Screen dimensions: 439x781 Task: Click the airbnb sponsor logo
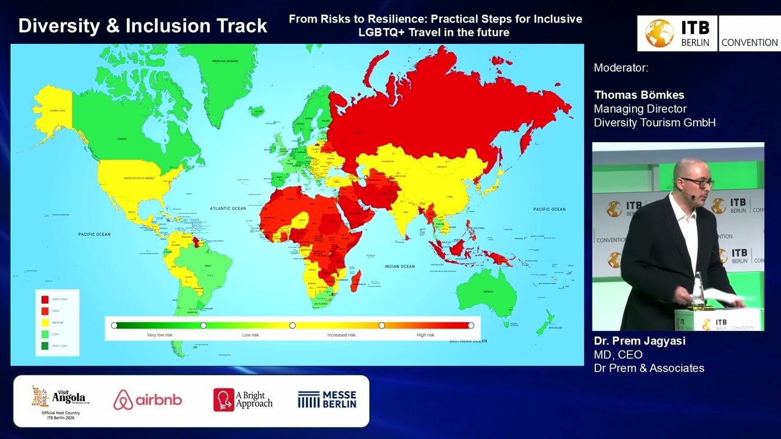tap(148, 400)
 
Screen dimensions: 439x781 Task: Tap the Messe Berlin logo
tap(327, 399)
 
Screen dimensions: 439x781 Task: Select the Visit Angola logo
tap(59, 399)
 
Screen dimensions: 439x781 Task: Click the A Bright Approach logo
tap(243, 399)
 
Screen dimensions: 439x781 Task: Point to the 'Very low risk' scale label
tap(160, 335)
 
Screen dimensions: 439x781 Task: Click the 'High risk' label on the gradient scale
tap(425, 335)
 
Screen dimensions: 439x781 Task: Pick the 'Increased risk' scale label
tap(341, 335)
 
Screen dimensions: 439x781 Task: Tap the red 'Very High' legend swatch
tap(45, 299)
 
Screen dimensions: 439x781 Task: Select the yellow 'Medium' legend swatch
tap(45, 323)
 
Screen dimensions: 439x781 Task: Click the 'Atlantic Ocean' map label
tap(228, 209)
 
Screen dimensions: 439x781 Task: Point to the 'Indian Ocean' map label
tap(400, 266)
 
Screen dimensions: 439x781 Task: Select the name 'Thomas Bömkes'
tap(639, 95)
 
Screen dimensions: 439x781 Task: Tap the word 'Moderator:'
tap(621, 68)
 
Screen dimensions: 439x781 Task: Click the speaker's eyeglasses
tap(697, 182)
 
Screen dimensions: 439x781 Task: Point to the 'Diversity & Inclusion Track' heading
tap(143, 26)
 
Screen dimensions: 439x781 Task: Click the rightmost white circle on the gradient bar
tap(471, 326)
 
